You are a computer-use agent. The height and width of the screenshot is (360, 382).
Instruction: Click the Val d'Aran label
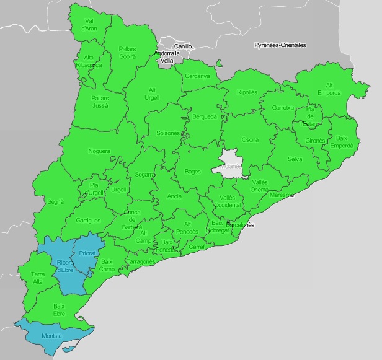pos(89,24)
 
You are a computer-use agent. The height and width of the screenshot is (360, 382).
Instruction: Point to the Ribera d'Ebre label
pos(66,266)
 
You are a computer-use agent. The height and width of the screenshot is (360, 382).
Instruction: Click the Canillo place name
pos(183,46)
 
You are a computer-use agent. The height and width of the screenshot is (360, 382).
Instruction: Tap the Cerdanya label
pos(197,76)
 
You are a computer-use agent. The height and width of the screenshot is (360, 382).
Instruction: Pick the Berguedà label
pos(204,116)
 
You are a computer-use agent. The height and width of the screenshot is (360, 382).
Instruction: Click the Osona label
pos(250,139)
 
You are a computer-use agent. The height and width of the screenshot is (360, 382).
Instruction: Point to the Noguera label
pos(99,151)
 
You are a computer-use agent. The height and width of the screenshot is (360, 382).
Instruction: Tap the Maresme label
pos(282,195)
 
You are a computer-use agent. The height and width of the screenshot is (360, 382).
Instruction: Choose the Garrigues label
pos(87,220)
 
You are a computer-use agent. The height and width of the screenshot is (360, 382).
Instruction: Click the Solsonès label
pos(167,133)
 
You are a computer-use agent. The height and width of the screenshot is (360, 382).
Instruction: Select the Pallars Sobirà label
pos(128,51)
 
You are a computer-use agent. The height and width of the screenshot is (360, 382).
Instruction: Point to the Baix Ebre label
pos(60,309)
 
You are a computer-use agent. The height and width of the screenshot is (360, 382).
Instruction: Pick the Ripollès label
pos(247,92)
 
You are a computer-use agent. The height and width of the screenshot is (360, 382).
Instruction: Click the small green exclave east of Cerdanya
pos(220,62)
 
